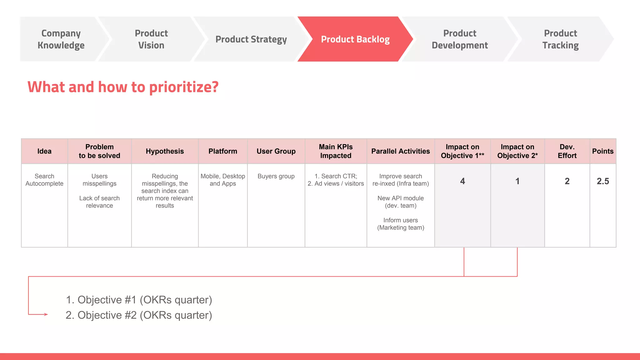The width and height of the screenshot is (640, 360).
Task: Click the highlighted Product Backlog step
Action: (355, 39)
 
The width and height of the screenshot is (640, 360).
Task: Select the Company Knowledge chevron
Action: (61, 39)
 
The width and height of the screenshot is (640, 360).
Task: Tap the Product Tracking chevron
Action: (560, 39)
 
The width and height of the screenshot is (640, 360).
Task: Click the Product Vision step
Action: (151, 39)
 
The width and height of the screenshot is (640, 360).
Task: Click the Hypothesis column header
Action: (165, 151)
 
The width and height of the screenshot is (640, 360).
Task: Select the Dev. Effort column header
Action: (567, 151)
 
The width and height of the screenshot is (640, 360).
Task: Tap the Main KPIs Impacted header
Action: (336, 151)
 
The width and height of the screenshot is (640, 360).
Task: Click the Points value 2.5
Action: (602, 181)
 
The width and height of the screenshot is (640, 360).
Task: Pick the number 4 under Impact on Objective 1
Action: (462, 181)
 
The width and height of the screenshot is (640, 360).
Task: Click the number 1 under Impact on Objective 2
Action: (517, 181)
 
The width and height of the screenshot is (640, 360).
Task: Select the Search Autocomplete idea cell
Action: (44, 180)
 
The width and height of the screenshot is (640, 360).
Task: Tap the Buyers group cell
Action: (276, 176)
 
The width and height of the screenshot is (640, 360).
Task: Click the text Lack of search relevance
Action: (99, 202)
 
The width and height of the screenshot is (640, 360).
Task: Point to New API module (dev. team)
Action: (401, 202)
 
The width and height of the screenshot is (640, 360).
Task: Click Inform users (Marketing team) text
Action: (401, 224)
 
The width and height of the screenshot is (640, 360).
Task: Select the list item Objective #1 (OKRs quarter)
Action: (139, 300)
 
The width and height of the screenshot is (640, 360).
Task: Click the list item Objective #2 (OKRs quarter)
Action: (139, 315)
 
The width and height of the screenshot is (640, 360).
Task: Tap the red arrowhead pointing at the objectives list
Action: (46, 314)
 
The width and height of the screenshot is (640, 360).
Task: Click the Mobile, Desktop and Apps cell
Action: (223, 180)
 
